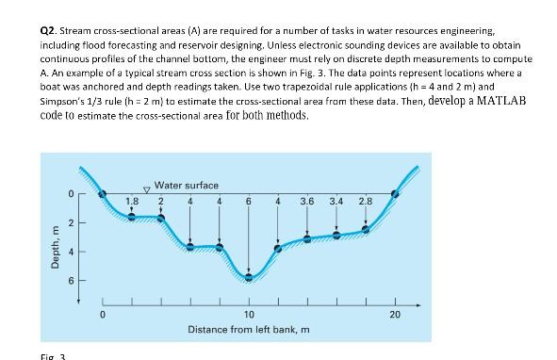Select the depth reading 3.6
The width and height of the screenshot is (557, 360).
pos(307,200)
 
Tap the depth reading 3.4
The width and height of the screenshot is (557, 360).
pos(336,200)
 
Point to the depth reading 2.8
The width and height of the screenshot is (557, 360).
pos(366,200)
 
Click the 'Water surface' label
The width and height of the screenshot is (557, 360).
pos(187,186)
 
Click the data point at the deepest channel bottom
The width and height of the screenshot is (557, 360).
pos(249,277)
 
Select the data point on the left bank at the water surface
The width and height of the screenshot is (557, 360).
pos(103,194)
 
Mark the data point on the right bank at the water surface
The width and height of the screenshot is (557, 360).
pos(395,194)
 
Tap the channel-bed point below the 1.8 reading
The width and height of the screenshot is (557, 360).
pos(132,216)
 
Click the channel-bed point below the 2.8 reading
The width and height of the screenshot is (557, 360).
pos(366,228)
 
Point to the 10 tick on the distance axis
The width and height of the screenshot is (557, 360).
pos(249,313)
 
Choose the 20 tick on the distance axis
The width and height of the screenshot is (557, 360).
pos(395,313)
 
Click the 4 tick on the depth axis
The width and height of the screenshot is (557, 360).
pos(70,251)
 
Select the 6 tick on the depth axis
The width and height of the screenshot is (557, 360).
pos(70,280)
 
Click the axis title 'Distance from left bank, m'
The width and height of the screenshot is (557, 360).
pos(249,329)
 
